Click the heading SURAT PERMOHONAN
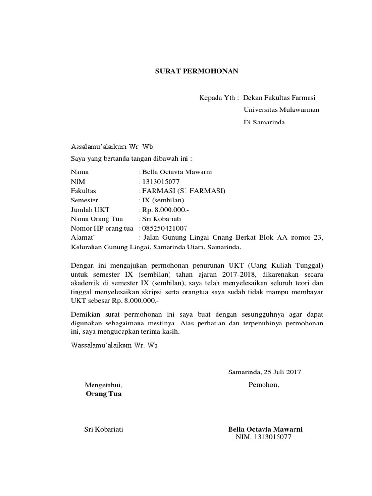(x=197, y=71)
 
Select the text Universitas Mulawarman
(x=281, y=110)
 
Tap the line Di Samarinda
(x=264, y=123)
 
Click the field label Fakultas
(x=83, y=191)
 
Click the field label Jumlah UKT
(x=90, y=209)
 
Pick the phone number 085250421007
(x=165, y=228)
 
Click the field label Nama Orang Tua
(x=96, y=219)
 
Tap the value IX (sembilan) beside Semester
(x=163, y=200)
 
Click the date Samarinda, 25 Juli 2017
(x=264, y=372)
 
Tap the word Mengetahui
(x=104, y=385)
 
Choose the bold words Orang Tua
(x=104, y=394)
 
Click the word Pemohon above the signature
(x=264, y=385)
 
